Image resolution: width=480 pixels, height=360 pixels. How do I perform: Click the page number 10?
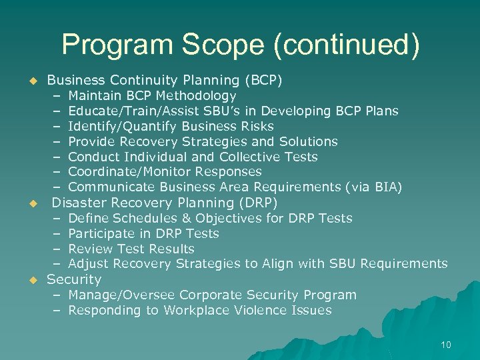[445, 345]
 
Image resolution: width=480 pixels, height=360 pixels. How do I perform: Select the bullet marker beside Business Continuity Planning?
[31, 81]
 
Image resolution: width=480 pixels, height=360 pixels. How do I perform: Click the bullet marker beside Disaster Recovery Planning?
[31, 203]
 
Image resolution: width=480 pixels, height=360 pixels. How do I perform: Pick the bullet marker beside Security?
[31, 280]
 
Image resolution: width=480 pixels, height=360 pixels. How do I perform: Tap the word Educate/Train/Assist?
[125, 111]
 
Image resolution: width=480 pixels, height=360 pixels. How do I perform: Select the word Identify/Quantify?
[123, 127]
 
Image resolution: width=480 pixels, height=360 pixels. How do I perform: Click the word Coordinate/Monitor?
[125, 173]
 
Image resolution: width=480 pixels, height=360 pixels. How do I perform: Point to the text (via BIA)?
[375, 188]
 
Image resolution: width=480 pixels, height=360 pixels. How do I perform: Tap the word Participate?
[102, 234]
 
